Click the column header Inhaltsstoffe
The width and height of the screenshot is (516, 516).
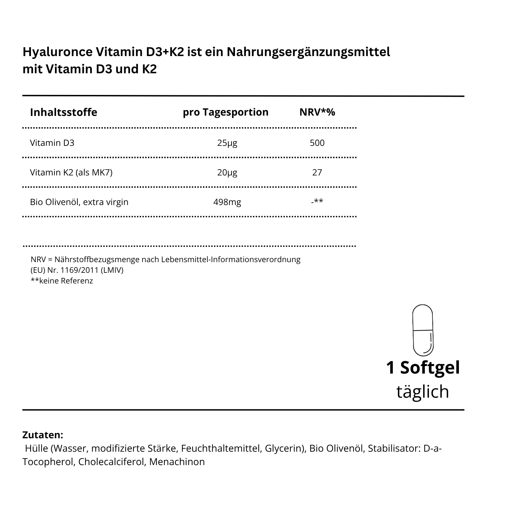[x=64, y=112]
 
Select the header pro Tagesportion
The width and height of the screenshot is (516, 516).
[x=226, y=112]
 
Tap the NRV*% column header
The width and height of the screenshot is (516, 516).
[x=317, y=112]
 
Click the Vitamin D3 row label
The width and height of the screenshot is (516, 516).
[x=52, y=143]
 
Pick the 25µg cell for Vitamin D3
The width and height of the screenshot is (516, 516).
[x=227, y=143]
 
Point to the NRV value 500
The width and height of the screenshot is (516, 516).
[x=317, y=143]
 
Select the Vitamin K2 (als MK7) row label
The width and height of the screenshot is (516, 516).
[x=71, y=172]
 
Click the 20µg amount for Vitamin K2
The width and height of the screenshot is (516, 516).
[x=227, y=172]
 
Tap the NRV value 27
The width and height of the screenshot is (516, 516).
[x=317, y=172]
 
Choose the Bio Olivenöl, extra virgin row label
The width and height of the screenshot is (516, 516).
[x=79, y=202]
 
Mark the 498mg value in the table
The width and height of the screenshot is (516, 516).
[x=227, y=202]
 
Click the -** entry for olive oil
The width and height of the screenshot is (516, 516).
[x=317, y=201]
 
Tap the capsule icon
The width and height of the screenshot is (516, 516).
[x=423, y=330]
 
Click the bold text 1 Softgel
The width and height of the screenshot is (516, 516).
[x=423, y=367]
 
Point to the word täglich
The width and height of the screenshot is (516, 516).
[x=423, y=391]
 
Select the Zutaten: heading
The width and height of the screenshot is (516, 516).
[x=43, y=435]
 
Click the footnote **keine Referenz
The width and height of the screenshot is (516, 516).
[x=62, y=281]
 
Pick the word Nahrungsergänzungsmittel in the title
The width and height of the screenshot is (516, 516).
[x=308, y=52]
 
